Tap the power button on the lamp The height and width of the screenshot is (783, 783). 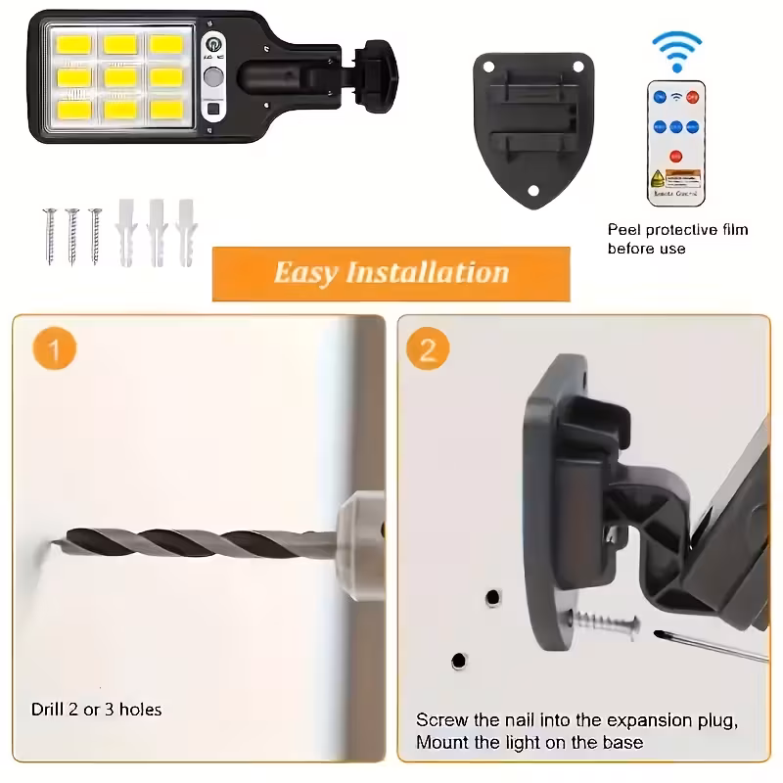[x=212, y=45]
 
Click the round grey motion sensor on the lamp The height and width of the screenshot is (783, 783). [x=212, y=78]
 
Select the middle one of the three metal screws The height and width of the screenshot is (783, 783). [x=71, y=235]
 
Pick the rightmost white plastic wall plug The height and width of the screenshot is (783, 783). [x=185, y=233]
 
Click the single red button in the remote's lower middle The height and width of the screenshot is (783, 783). [x=675, y=156]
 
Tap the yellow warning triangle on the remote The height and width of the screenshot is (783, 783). [x=659, y=177]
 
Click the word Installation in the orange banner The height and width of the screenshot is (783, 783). [x=429, y=272]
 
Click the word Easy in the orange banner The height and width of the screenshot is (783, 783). [x=306, y=272]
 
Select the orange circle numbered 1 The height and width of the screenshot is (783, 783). [x=55, y=350]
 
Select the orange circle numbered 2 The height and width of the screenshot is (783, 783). [x=428, y=350]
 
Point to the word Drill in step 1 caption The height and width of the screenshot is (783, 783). [x=48, y=709]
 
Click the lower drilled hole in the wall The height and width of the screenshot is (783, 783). [x=458, y=663]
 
